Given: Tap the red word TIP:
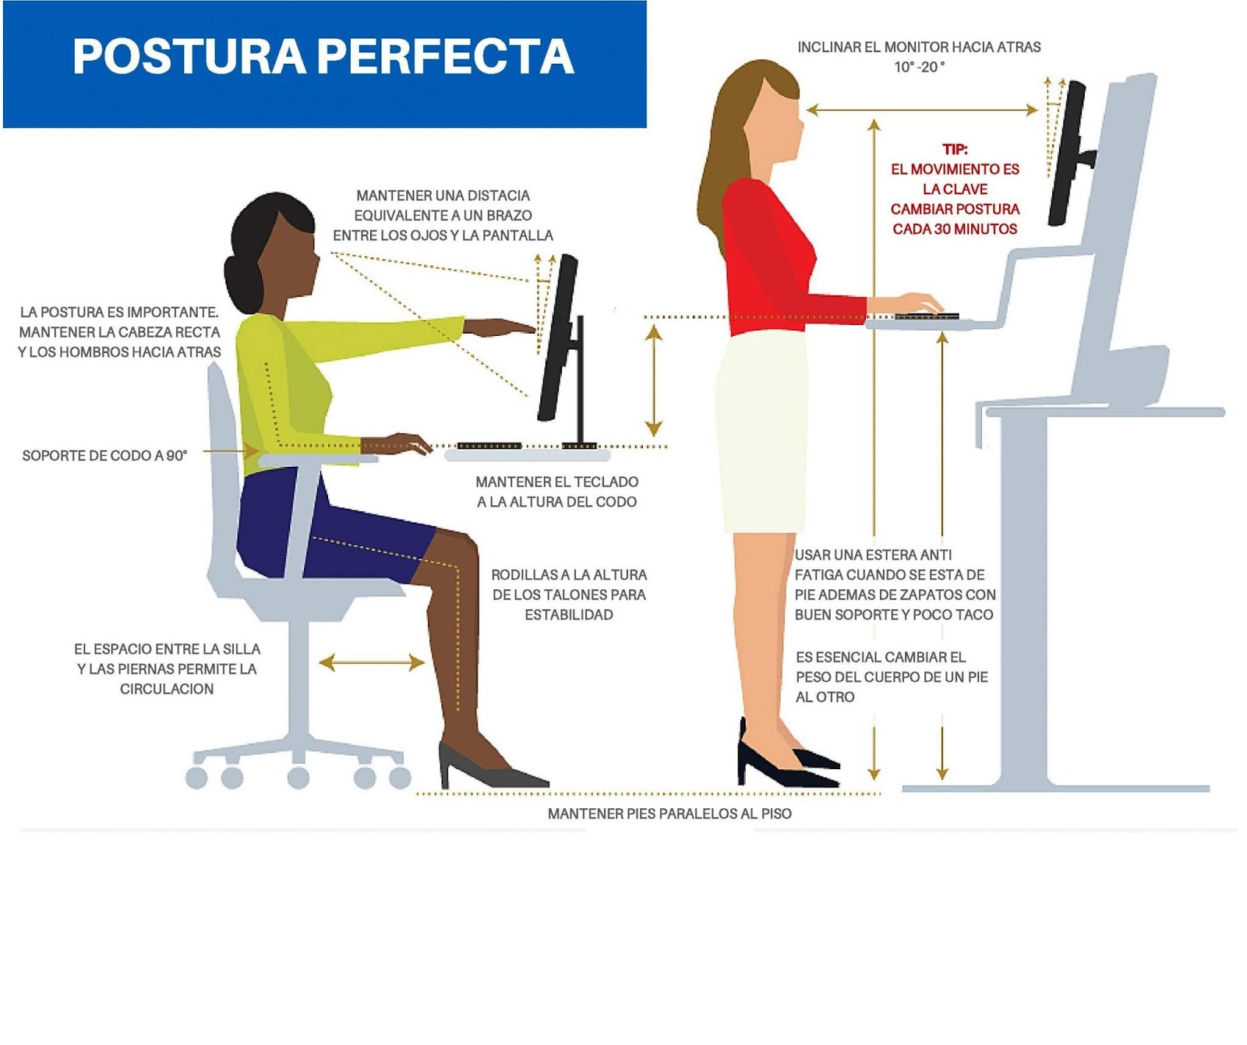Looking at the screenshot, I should pos(955,149).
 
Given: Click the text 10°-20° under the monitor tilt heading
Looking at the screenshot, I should pos(919,67).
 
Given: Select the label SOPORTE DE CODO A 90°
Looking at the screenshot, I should pos(104,455).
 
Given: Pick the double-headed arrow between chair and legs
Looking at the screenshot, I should pos(372,663).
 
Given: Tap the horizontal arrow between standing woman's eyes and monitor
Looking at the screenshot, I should pos(922,111).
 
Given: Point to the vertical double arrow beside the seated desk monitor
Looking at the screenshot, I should pos(654,380).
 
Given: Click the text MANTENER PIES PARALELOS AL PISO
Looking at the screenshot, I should pos(669,814).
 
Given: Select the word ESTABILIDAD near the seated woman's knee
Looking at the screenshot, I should pos(568,615).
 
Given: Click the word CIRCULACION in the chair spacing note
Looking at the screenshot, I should pos(166,689).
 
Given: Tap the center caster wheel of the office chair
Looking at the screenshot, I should pos(298,776).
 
